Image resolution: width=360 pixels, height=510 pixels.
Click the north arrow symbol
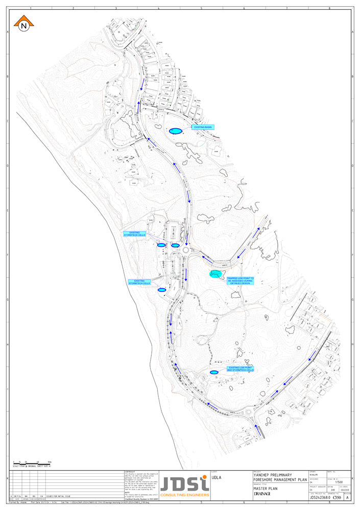coord(23,24)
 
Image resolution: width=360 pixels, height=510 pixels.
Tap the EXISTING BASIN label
coord(202,127)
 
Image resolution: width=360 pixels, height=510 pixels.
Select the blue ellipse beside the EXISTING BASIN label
coord(175,131)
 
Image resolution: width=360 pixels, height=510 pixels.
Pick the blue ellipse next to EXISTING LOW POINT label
coord(214,372)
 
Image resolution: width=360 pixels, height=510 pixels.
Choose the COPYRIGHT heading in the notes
coord(130,472)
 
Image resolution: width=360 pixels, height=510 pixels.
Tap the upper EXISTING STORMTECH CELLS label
coord(134,234)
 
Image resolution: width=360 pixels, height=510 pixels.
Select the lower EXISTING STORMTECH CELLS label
coord(139,282)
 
